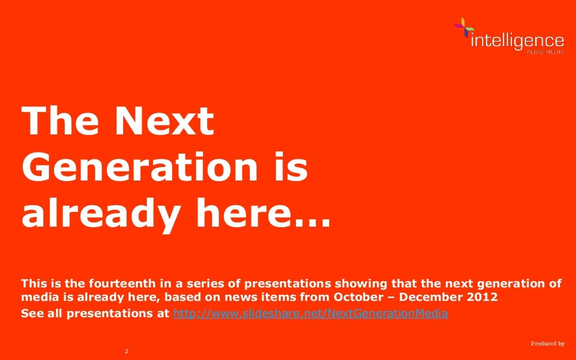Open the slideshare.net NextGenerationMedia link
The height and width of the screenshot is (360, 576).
tap(310, 313)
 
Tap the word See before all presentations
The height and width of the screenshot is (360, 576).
tap(31, 313)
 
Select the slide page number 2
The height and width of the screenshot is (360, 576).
tap(127, 352)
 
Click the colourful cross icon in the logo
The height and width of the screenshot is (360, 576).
tap(463, 28)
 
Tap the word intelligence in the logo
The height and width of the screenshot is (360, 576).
tap(516, 40)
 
